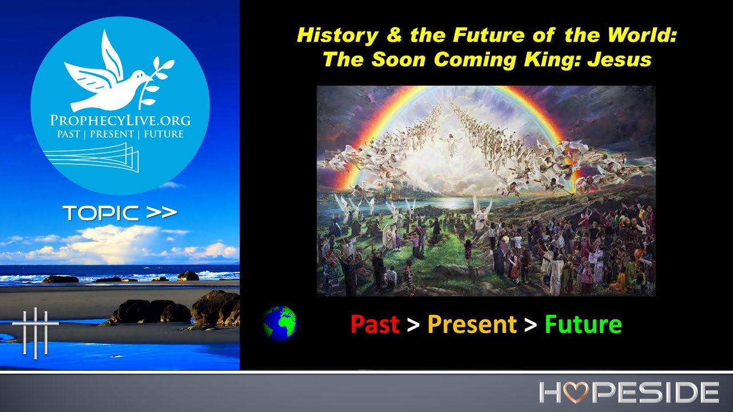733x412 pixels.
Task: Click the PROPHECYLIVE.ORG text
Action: pos(120,121)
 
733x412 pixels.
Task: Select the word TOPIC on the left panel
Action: pos(100,213)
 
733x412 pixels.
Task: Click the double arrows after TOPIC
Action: pos(161,213)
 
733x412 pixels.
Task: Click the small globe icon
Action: pos(279,323)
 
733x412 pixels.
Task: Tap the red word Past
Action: pos(375,324)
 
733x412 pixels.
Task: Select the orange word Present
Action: pos(472,324)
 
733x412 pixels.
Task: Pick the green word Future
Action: pos(582,324)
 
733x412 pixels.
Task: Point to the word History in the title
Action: pos(337,36)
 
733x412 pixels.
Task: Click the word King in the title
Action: pos(553,60)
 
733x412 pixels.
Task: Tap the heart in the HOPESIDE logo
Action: pos(577,393)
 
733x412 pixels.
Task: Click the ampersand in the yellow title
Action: pos(394,36)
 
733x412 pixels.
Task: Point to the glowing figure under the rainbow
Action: pos(453,143)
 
